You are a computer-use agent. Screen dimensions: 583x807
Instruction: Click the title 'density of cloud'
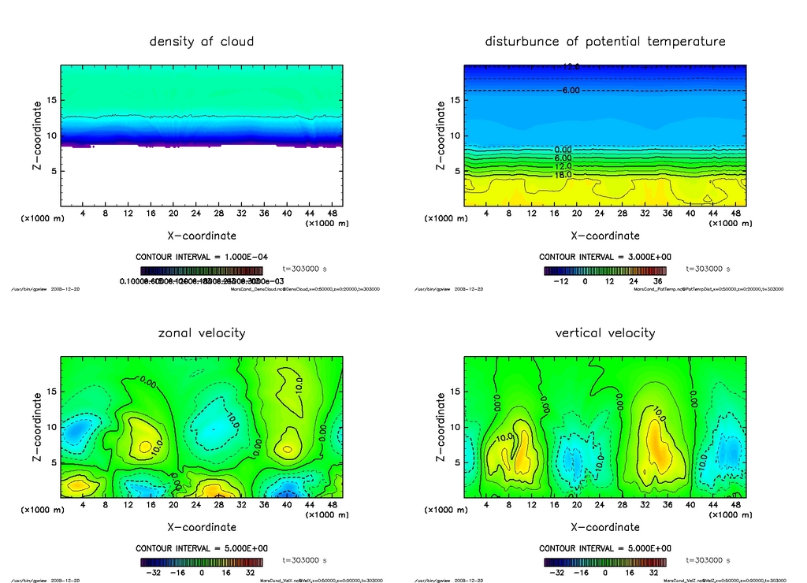point(202,42)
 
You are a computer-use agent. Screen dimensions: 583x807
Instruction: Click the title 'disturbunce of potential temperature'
point(605,42)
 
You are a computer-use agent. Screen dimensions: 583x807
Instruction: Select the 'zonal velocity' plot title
point(202,333)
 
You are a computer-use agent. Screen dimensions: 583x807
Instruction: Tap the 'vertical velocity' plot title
point(605,333)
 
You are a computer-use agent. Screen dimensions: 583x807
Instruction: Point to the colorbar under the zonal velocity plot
point(202,563)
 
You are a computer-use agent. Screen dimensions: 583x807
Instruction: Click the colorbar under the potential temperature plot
point(605,271)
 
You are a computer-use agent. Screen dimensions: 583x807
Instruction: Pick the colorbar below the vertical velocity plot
point(605,563)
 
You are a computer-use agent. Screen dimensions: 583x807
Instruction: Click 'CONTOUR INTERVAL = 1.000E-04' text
point(202,257)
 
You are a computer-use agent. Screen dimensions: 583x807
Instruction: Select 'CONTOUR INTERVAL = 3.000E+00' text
point(605,257)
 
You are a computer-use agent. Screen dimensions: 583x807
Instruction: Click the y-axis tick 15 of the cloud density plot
point(51,100)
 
